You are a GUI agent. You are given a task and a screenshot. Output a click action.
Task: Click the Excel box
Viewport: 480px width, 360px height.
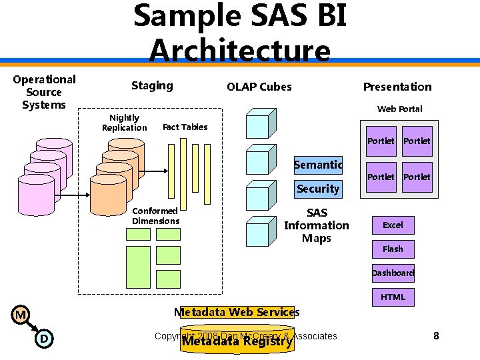pyautogui.click(x=393, y=225)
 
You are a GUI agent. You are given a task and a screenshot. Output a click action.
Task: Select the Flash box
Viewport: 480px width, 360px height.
pyautogui.click(x=393, y=249)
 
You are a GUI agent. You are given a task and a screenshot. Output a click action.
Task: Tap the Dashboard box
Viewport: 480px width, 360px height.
pyautogui.click(x=393, y=273)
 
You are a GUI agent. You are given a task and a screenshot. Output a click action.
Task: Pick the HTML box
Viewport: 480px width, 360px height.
pyautogui.click(x=393, y=297)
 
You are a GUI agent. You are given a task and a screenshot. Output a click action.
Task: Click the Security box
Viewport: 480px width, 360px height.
pyautogui.click(x=318, y=189)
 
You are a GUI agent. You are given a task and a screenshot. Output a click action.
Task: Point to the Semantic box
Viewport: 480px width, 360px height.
pyautogui.click(x=318, y=165)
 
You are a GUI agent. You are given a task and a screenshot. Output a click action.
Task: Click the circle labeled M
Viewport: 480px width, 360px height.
pyautogui.click(x=21, y=315)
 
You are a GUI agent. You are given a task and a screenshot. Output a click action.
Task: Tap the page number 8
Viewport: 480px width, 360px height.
pyautogui.click(x=436, y=336)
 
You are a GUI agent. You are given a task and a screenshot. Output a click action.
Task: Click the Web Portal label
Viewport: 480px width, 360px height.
pyautogui.click(x=399, y=109)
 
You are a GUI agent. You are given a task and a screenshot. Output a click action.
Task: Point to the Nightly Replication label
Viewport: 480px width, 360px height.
pyautogui.click(x=124, y=123)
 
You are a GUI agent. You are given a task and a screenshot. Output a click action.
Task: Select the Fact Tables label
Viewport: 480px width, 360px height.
pyautogui.click(x=185, y=127)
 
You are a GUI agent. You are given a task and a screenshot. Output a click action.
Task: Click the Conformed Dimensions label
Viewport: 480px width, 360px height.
pyautogui.click(x=155, y=216)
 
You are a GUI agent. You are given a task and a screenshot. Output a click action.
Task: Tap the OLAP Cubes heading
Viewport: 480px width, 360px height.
pyautogui.click(x=259, y=87)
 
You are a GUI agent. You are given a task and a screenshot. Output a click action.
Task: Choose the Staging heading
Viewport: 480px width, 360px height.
pyautogui.click(x=152, y=85)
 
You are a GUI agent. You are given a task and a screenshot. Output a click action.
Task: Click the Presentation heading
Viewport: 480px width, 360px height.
pyautogui.click(x=397, y=87)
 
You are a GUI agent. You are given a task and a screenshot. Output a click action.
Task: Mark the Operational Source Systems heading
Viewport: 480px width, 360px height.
pyautogui.click(x=44, y=92)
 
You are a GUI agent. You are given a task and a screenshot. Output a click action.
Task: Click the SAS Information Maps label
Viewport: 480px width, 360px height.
pyautogui.click(x=316, y=225)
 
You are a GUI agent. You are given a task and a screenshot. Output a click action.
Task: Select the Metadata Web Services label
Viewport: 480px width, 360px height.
pyautogui.click(x=237, y=312)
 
